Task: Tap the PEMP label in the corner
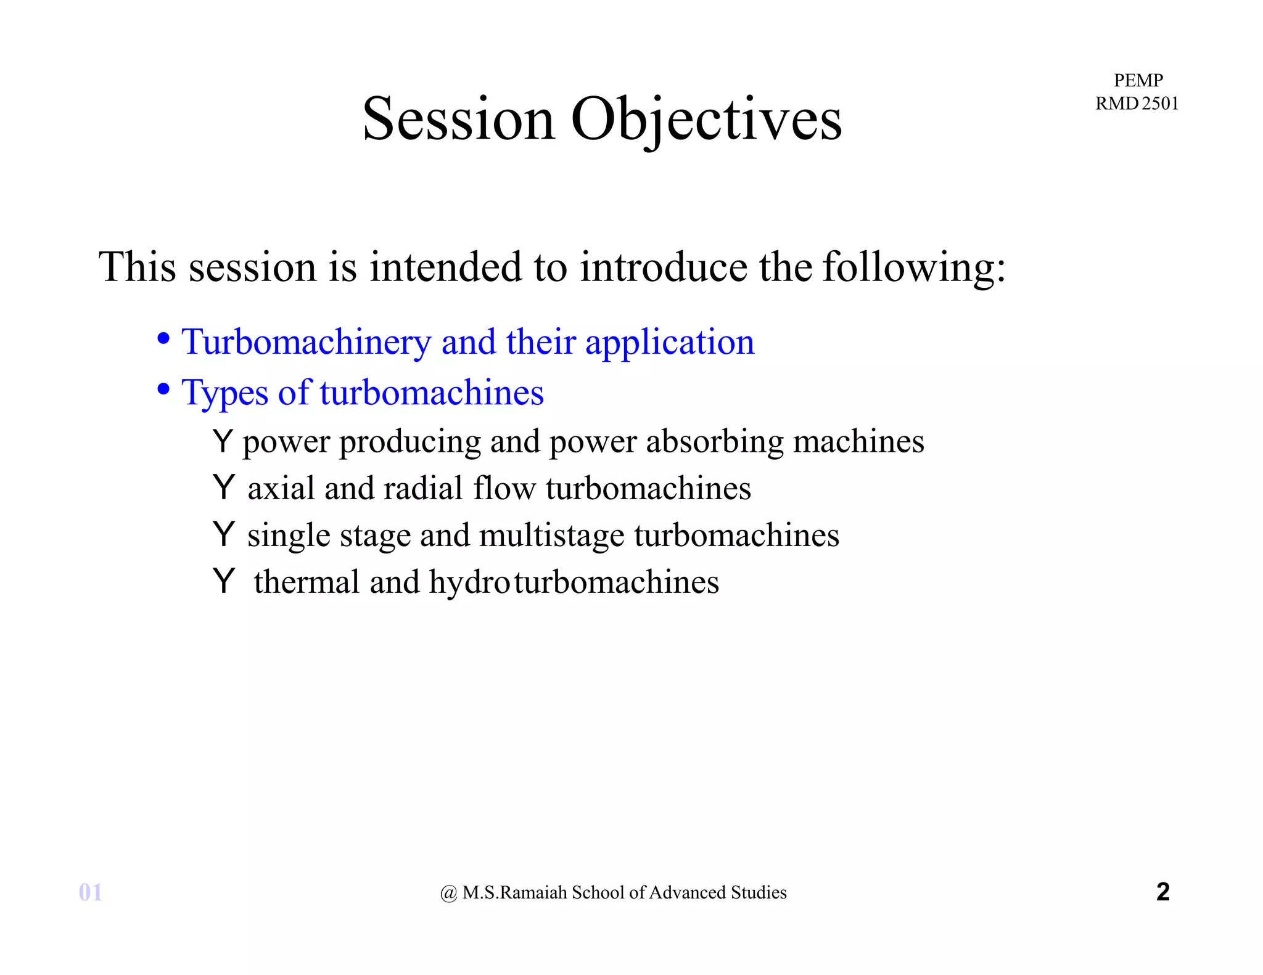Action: click(x=1138, y=80)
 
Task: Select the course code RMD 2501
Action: click(x=1137, y=103)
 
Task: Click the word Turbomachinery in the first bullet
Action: click(x=306, y=342)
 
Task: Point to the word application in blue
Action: click(x=670, y=343)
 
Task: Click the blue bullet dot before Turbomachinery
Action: click(x=163, y=338)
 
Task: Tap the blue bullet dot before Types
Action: click(x=163, y=389)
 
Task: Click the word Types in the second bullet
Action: click(x=224, y=393)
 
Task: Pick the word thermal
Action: click(x=306, y=582)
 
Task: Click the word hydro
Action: click(x=469, y=583)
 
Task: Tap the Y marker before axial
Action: click(x=223, y=487)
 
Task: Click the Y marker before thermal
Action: click(x=223, y=581)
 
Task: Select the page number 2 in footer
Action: click(x=1162, y=892)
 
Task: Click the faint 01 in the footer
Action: click(x=91, y=892)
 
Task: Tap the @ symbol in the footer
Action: click(x=448, y=893)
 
